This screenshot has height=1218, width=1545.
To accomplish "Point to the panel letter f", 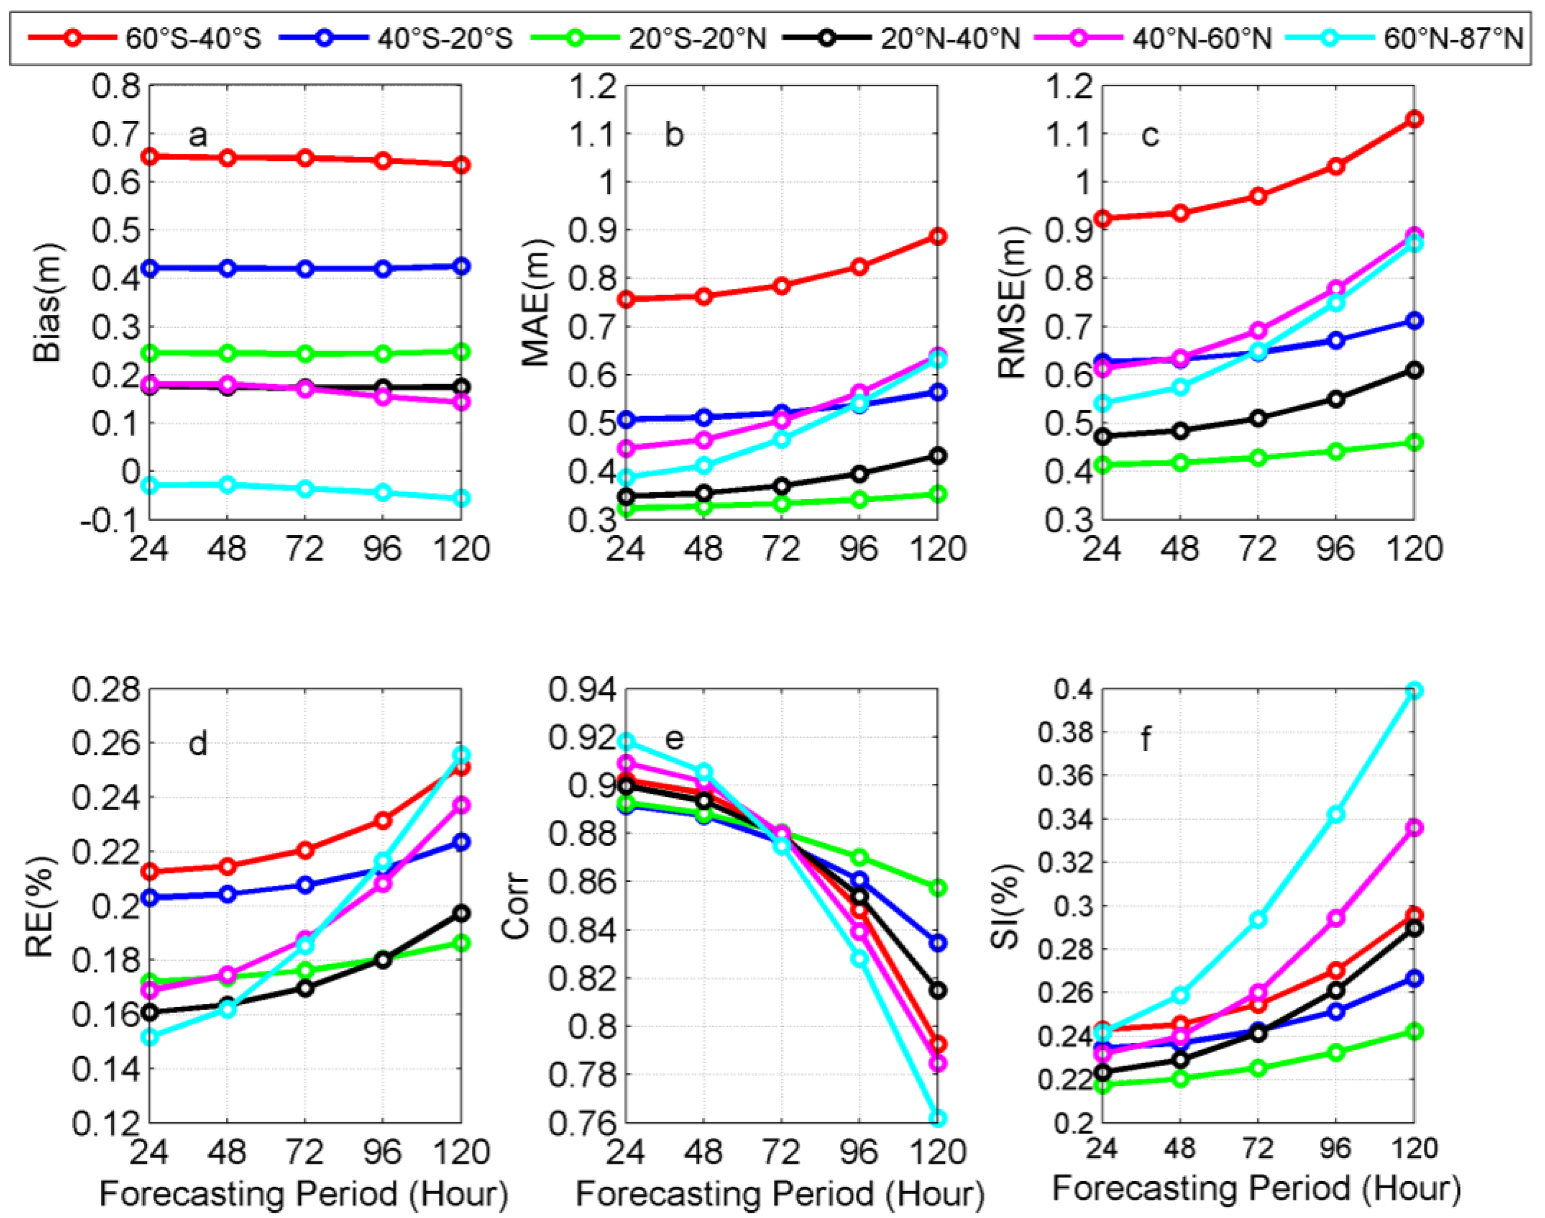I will (1146, 739).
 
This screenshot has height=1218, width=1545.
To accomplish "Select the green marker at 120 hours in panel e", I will (938, 888).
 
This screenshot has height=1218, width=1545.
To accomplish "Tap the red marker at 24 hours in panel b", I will (625, 299).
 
